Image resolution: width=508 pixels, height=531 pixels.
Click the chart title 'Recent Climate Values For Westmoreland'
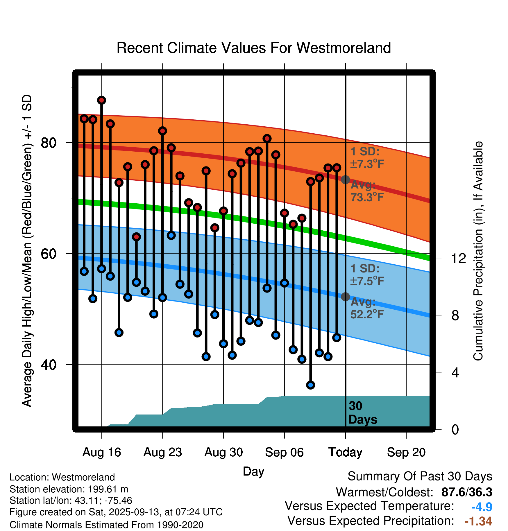pos(254,48)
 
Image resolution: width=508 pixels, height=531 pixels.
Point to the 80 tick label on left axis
pos(49,143)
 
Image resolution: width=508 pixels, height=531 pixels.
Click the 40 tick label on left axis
pos(49,365)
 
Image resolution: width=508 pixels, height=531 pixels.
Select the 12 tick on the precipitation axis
pos(458,258)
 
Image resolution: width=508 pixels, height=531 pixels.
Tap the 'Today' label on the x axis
pos(345,452)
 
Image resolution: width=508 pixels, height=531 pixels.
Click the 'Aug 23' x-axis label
pos(162,452)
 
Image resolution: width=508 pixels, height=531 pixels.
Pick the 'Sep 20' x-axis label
pos(406,452)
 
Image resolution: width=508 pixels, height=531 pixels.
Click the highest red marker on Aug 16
pos(101,100)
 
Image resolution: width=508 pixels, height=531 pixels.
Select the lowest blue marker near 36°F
pos(310,385)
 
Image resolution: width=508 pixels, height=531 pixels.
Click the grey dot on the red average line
pos(345,180)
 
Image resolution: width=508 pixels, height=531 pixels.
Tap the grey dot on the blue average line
pos(345,297)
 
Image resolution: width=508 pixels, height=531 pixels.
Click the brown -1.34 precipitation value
pos(478,521)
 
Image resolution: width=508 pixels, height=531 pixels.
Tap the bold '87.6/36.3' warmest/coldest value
pos(466,492)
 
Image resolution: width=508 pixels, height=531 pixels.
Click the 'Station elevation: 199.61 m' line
pos(69,489)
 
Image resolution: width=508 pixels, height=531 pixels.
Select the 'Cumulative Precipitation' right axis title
pos(478,251)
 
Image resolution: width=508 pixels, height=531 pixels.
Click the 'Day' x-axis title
pos(253,471)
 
